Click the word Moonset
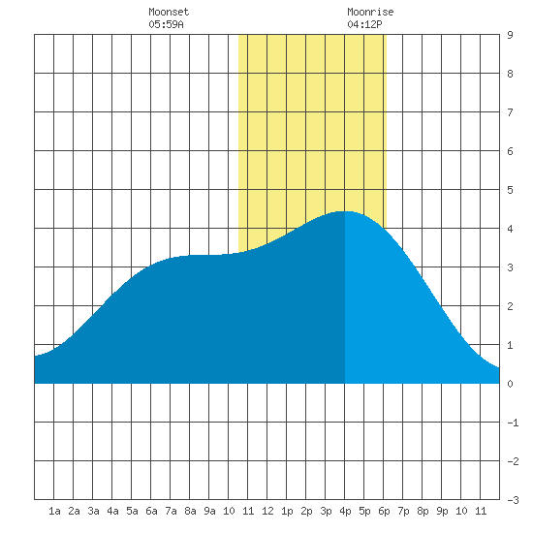click(169, 12)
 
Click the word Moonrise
click(370, 12)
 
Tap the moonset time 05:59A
click(166, 24)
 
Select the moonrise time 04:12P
click(364, 24)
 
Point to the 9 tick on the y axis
click(510, 35)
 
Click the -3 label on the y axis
click(513, 500)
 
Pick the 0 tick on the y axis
click(510, 384)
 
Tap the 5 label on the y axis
click(510, 190)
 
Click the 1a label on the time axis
click(54, 511)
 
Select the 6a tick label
click(151, 511)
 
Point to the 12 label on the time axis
click(267, 511)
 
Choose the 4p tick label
click(345, 511)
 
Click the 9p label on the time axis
click(442, 511)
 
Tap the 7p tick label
click(403, 511)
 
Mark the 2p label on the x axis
click(306, 511)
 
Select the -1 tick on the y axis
click(513, 423)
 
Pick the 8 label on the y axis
click(510, 74)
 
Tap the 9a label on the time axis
click(209, 511)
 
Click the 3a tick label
click(93, 511)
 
